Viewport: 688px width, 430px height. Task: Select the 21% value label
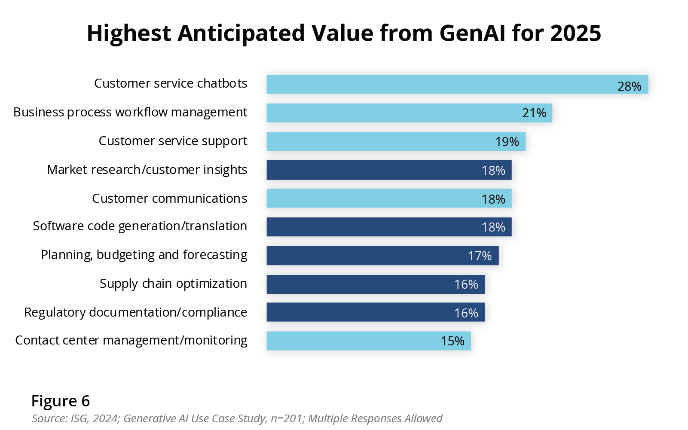pyautogui.click(x=534, y=113)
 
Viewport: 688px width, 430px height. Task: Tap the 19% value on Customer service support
pyautogui.click(x=507, y=142)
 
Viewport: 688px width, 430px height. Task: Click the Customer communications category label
pyautogui.click(x=169, y=198)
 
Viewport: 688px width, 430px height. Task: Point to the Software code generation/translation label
pyautogui.click(x=140, y=226)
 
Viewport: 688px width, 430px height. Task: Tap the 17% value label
pyautogui.click(x=480, y=256)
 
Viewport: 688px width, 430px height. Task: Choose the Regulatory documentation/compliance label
pyautogui.click(x=135, y=312)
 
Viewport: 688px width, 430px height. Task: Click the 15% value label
pyautogui.click(x=452, y=341)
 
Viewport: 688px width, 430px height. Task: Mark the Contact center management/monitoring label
pyautogui.click(x=131, y=340)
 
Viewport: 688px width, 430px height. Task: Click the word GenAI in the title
pyautogui.click(x=472, y=33)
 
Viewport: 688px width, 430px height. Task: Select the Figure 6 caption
pyautogui.click(x=61, y=401)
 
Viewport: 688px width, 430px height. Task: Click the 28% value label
pyautogui.click(x=629, y=86)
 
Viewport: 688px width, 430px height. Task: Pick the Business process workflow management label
pyautogui.click(x=130, y=112)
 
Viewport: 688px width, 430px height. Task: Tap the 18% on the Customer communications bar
pyautogui.click(x=493, y=199)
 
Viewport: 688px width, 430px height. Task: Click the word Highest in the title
pyautogui.click(x=129, y=33)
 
